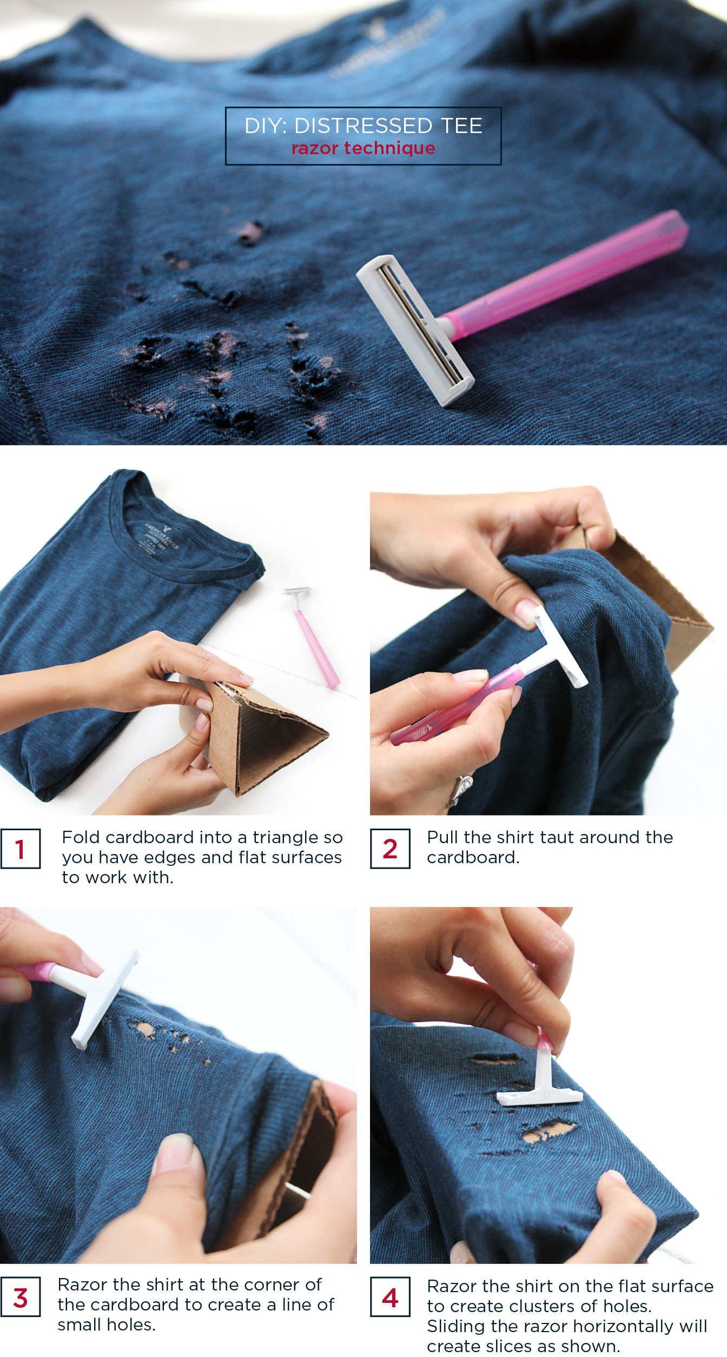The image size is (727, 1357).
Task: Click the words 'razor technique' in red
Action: (x=363, y=148)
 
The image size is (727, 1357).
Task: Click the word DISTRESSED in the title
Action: (x=362, y=125)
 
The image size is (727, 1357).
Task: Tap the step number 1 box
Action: (x=20, y=849)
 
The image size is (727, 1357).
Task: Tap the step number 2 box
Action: (x=389, y=849)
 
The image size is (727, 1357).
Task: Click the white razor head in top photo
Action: (x=414, y=330)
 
